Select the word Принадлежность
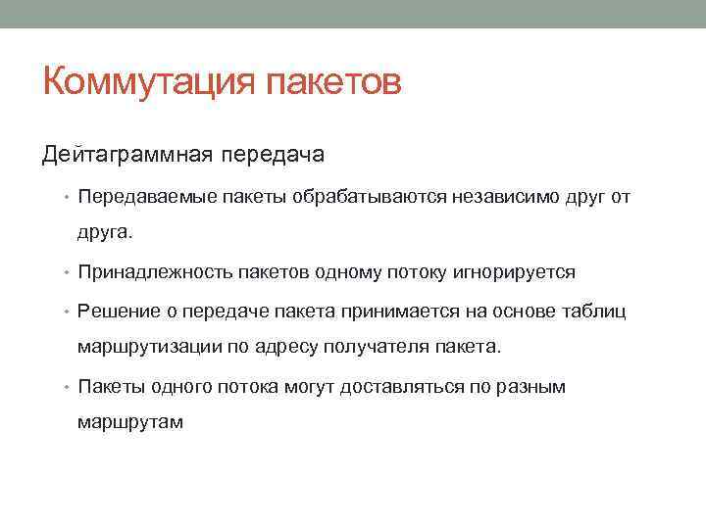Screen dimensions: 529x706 pyautogui.click(x=144, y=272)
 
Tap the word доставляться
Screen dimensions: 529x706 pyautogui.click(x=394, y=387)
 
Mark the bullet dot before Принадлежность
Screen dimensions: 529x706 pyautogui.click(x=71, y=273)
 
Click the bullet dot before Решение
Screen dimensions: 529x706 pyautogui.click(x=71, y=313)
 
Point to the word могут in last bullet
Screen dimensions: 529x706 pyautogui.click(x=309, y=387)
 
